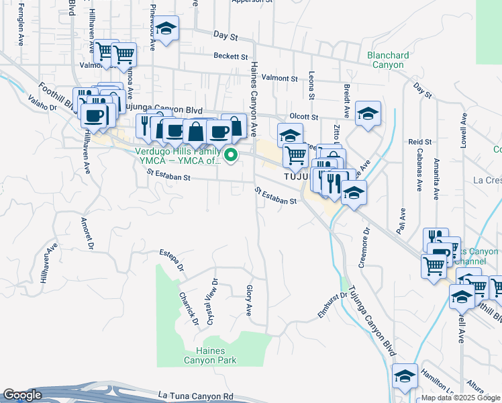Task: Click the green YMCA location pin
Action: coord(232,156)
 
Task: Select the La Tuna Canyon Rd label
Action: coord(196,397)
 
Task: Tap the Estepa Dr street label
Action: coord(172,261)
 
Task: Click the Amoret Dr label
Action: coord(87,232)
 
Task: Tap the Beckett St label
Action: coord(231,56)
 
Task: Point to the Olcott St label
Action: coord(303,117)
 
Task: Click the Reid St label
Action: coord(419,142)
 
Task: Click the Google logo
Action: coord(22,396)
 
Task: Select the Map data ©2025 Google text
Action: coord(460,398)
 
